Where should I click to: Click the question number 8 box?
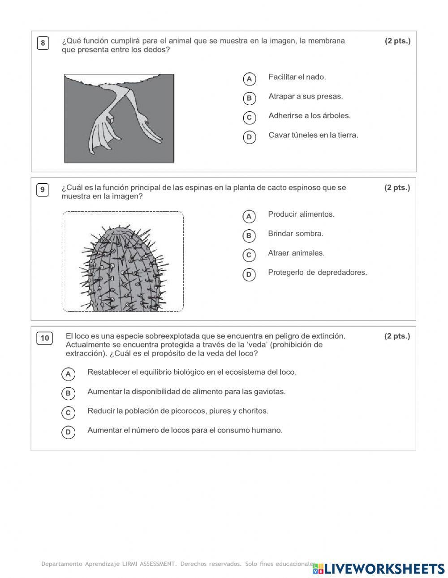point(43,43)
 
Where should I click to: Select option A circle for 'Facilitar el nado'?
point(249,79)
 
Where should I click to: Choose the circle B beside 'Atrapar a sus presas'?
point(249,98)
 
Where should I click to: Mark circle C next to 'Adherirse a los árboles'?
point(249,118)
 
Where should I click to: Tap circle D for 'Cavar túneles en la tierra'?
point(249,137)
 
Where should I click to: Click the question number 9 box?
point(43,190)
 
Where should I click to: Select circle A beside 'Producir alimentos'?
point(249,216)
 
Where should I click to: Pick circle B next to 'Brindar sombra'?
point(249,235)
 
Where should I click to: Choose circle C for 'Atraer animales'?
point(249,255)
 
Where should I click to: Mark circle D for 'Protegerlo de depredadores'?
point(249,274)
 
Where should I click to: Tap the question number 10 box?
point(45,338)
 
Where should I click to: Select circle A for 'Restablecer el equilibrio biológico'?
point(68,374)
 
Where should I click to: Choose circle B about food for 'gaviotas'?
point(68,393)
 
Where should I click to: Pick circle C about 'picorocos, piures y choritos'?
point(68,412)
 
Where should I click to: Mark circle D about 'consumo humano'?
point(68,432)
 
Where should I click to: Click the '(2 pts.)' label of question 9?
point(397,188)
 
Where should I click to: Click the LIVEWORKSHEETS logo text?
point(384,569)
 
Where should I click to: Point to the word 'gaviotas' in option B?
point(271,391)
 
